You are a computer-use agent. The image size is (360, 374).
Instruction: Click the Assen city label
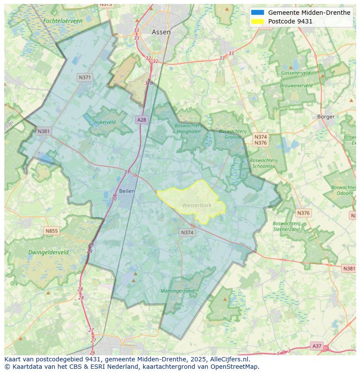(161, 32)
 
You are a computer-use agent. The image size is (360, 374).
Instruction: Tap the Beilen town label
(127, 191)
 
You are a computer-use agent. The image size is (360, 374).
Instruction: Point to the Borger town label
(326, 117)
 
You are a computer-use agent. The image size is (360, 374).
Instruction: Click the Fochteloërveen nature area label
(63, 21)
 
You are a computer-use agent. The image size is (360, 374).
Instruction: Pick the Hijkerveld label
(105, 122)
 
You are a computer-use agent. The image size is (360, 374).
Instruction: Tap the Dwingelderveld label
(48, 252)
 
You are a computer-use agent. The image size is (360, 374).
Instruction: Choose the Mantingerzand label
(177, 291)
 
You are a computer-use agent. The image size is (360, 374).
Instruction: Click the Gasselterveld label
(296, 73)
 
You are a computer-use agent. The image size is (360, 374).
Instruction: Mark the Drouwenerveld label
(296, 86)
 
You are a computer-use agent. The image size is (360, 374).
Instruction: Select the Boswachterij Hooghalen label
(188, 129)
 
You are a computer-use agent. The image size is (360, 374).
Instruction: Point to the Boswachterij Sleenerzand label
(287, 226)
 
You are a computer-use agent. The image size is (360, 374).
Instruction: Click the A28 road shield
(141, 120)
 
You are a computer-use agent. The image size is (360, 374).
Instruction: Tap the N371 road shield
(85, 78)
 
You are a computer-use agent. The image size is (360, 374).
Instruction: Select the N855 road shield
(51, 231)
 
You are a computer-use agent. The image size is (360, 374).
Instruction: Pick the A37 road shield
(317, 346)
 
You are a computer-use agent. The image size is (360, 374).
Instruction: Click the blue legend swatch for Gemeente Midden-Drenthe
(257, 13)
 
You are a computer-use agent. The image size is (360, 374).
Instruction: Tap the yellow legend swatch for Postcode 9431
(257, 21)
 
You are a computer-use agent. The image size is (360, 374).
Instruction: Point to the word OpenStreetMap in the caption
(235, 367)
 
